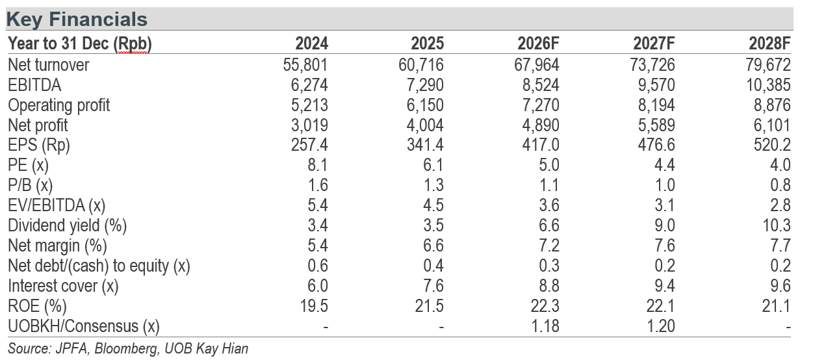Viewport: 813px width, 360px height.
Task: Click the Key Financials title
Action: [x=77, y=19]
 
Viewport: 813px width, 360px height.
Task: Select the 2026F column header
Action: [x=538, y=44]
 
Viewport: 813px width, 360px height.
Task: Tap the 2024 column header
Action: [x=311, y=44]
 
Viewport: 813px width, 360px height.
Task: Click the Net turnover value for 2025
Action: [x=421, y=65]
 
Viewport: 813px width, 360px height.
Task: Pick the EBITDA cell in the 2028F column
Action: [x=768, y=85]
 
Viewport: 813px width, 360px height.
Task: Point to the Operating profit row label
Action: [x=58, y=106]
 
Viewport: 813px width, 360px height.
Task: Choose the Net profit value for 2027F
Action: [x=656, y=125]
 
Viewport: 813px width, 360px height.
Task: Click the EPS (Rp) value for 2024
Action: [x=309, y=145]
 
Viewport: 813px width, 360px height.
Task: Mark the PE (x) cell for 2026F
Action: [x=548, y=166]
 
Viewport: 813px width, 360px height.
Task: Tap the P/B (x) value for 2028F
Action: [x=781, y=185]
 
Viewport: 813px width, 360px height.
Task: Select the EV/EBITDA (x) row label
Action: [x=57, y=206]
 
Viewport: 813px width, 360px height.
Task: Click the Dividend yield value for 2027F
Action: [x=665, y=225]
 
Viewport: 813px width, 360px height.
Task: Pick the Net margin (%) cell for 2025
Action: [x=433, y=246]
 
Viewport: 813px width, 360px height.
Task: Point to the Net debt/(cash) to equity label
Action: [x=99, y=266]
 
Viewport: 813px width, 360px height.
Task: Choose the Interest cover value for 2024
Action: [x=318, y=286]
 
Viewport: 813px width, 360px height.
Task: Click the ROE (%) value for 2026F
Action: [x=545, y=306]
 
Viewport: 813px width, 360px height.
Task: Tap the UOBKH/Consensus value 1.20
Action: [x=661, y=326]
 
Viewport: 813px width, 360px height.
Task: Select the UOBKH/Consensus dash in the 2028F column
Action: [x=788, y=328]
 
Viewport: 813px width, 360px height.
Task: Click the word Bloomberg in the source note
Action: [x=127, y=349]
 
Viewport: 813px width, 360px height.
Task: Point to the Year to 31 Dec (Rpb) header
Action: [x=80, y=44]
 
